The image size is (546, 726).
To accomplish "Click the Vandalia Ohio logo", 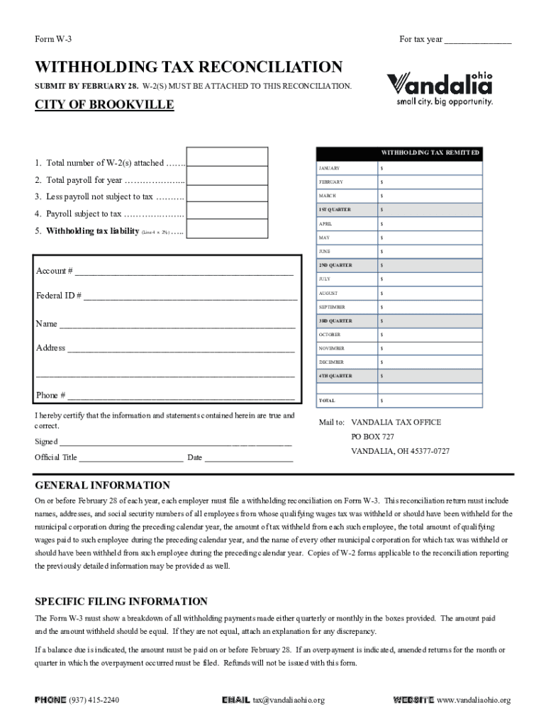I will [x=440, y=88].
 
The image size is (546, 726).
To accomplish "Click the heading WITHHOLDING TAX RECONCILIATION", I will [x=189, y=67].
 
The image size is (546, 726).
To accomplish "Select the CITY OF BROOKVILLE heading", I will [x=104, y=106].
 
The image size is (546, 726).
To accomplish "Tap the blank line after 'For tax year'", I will [x=477, y=40].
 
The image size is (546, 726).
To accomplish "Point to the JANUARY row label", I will [x=329, y=169].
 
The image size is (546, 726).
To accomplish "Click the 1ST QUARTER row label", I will [x=335, y=210].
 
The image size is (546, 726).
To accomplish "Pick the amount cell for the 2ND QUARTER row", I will [x=430, y=265].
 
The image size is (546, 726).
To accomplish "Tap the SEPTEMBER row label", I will [x=332, y=307].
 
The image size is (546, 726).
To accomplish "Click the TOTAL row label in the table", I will [x=327, y=401].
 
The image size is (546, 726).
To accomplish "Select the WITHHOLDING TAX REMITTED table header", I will [x=430, y=153].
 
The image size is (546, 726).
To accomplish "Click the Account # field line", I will [x=184, y=272].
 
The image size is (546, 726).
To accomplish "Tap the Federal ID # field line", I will [x=190, y=296].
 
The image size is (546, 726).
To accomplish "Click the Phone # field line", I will [x=181, y=396].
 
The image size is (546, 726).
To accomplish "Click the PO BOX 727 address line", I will [x=372, y=437].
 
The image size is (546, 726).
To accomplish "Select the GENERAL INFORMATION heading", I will [x=103, y=486].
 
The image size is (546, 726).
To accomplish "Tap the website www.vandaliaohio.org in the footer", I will [x=473, y=700].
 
